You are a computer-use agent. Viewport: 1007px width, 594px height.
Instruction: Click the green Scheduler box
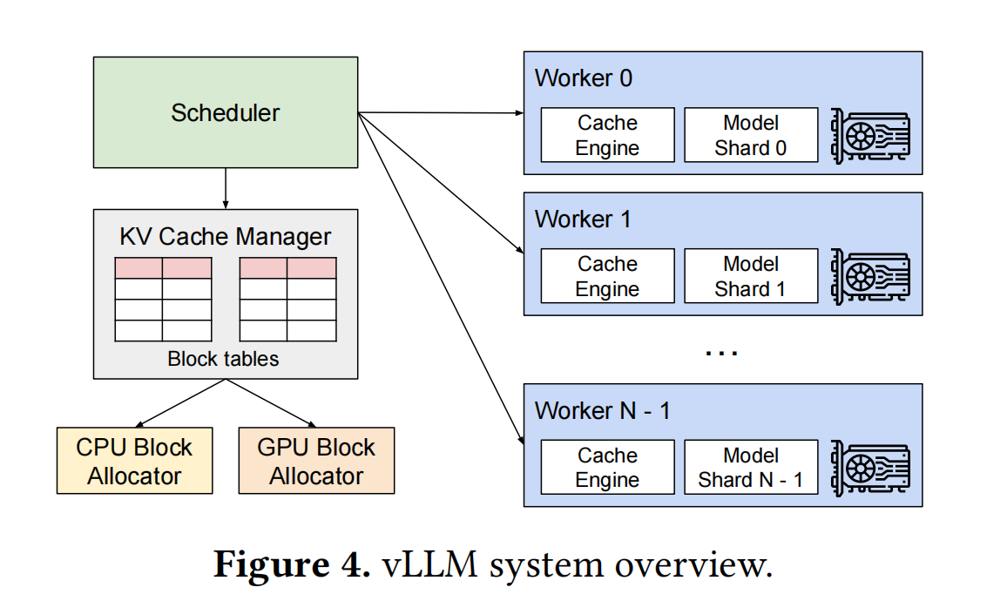coord(226,112)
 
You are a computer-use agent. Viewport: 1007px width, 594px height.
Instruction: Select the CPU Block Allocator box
coord(135,461)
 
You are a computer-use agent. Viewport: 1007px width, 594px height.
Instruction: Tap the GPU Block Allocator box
coord(316,461)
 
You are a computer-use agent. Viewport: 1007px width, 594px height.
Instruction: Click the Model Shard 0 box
coord(751,135)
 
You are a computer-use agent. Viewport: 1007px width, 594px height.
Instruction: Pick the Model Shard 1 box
coord(751,275)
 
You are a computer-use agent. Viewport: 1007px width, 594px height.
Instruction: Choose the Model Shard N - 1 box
coord(751,467)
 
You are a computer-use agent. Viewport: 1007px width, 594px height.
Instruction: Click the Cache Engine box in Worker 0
coord(607,135)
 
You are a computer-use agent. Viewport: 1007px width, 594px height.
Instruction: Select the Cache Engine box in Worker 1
coord(607,275)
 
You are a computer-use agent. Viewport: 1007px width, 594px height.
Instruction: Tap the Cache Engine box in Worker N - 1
coord(607,467)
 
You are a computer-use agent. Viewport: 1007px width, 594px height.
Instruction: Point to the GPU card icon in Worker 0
coord(870,136)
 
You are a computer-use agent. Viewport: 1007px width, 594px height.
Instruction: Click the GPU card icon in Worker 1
coord(870,277)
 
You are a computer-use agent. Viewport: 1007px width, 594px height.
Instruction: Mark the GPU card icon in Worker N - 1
coord(870,468)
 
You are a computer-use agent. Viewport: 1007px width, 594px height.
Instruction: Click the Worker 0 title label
coord(583,78)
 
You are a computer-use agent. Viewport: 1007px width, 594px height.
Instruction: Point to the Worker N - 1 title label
coord(603,411)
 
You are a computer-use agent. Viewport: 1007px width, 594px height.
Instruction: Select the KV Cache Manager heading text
coord(226,237)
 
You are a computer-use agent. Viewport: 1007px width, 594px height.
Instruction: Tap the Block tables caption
coord(224,358)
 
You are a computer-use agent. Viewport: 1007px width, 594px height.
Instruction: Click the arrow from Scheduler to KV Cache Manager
coord(226,189)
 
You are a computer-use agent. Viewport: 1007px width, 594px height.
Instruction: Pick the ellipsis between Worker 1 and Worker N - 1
coord(722,354)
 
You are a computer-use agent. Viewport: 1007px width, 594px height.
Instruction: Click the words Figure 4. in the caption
coord(292,564)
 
